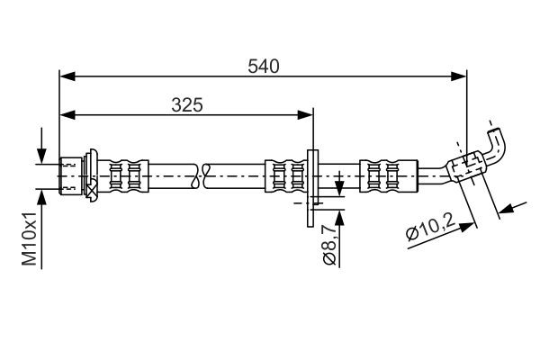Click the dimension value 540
pos(263,66)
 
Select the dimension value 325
pos(186,104)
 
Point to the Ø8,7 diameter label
pos(329,245)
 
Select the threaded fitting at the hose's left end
pos(73,174)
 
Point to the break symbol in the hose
pos(201,174)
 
